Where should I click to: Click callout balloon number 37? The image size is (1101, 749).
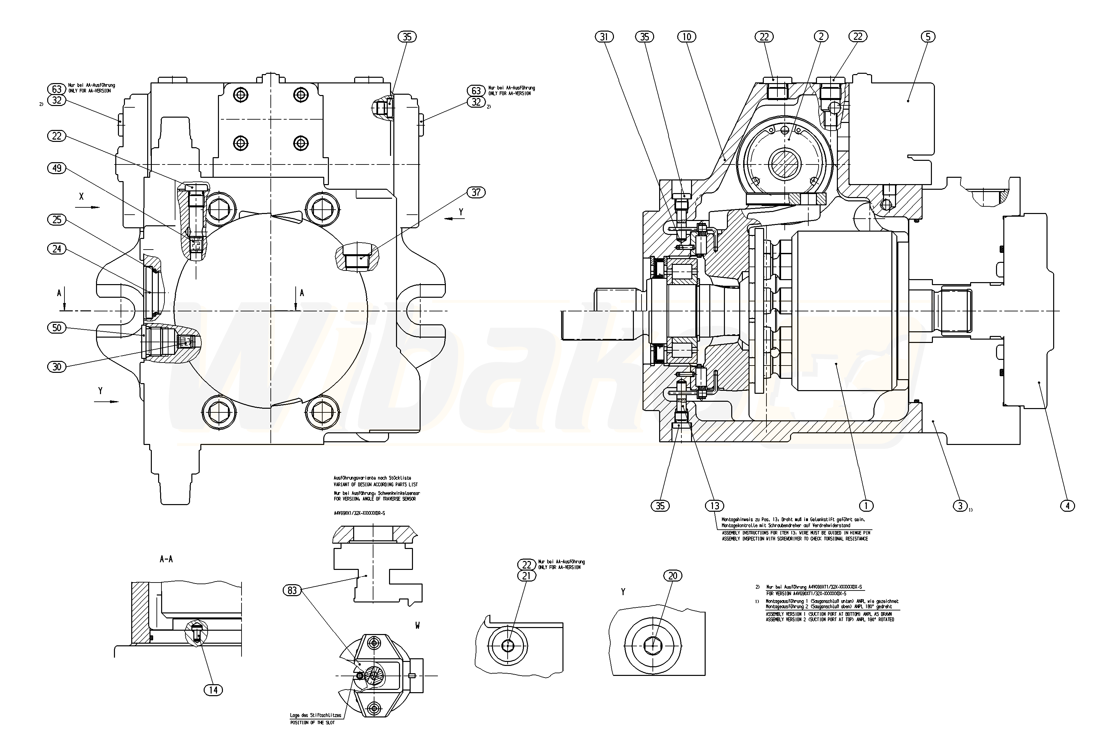476,192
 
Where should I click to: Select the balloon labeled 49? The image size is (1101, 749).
57,168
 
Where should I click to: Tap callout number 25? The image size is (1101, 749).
57,219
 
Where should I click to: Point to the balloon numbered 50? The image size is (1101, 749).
57,328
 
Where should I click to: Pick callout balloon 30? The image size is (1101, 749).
57,367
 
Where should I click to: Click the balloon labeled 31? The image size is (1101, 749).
604,37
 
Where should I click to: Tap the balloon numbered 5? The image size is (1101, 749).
928,37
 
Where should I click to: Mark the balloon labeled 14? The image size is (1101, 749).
213,690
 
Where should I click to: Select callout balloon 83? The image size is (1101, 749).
292,590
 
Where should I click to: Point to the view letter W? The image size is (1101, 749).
417,626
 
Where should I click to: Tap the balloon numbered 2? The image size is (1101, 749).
821,37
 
